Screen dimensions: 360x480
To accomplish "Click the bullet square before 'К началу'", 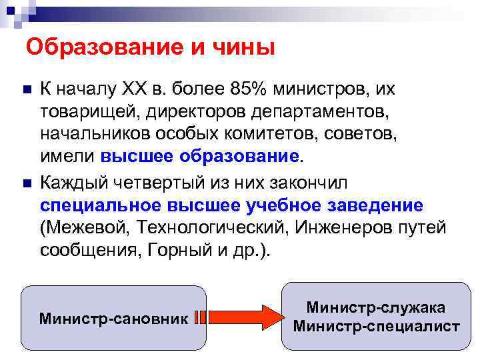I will [25, 89].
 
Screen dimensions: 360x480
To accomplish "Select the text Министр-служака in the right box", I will [376, 307].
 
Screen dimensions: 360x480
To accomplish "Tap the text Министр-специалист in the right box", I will [376, 327].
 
